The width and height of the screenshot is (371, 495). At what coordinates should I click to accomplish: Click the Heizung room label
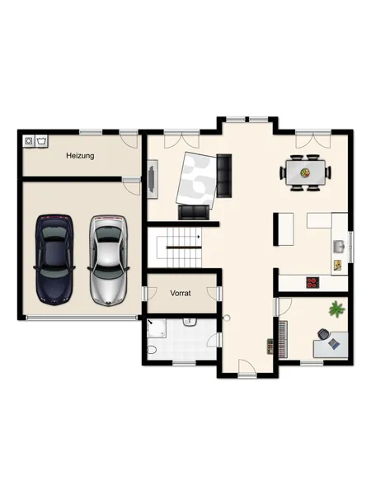click(80, 156)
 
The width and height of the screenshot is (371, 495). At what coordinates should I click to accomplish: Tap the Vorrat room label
click(181, 293)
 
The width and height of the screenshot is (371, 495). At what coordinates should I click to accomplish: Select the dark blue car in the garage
click(54, 260)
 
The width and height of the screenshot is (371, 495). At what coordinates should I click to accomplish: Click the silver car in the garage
click(108, 261)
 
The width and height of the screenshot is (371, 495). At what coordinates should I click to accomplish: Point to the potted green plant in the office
click(336, 309)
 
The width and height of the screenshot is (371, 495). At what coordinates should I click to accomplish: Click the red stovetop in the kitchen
click(312, 282)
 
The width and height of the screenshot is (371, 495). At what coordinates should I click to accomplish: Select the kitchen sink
click(340, 246)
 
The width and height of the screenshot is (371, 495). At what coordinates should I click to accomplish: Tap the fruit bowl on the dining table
click(305, 172)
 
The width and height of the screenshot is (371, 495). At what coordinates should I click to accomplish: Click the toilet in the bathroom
click(152, 350)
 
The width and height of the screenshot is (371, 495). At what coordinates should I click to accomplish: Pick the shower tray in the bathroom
click(157, 328)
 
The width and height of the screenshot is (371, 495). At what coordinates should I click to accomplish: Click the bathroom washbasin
click(190, 323)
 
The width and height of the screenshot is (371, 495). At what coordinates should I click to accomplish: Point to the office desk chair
click(323, 334)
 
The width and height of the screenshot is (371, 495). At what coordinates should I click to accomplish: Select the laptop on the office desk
click(334, 344)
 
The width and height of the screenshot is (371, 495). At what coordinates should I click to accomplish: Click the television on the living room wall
click(153, 179)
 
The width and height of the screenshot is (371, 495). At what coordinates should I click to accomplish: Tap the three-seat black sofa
click(224, 176)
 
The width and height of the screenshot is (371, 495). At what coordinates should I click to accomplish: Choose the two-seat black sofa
click(194, 212)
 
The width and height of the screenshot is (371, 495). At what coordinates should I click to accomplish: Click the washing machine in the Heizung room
click(29, 141)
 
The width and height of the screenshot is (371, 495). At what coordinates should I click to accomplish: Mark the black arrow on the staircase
click(199, 236)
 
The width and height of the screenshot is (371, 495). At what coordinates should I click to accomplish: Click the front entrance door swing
click(247, 366)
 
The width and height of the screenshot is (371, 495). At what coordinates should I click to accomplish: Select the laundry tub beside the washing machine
click(41, 141)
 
